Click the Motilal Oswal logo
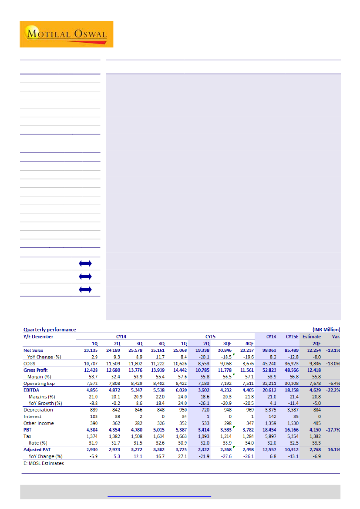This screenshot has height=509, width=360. click(x=66, y=34)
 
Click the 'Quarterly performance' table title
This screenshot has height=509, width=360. click(x=50, y=330)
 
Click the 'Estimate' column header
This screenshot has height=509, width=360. click(x=312, y=336)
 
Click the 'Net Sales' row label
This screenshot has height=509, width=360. click(x=34, y=350)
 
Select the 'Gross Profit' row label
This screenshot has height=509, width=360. click(x=36, y=370)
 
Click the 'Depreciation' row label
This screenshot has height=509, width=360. click(x=38, y=410)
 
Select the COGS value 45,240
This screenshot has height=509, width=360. click(x=270, y=363)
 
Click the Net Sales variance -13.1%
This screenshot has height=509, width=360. click(x=333, y=350)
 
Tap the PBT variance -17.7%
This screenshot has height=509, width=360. click(x=333, y=430)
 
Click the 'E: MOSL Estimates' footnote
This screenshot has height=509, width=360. click(x=44, y=463)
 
